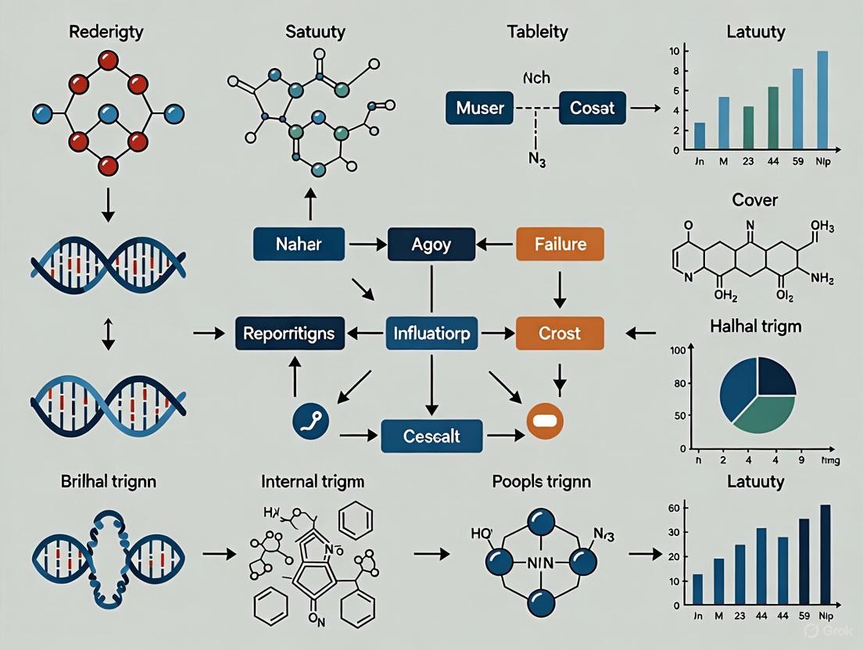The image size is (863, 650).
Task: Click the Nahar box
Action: (299, 245)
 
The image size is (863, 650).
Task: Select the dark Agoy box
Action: (431, 245)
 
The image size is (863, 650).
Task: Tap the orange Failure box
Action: (560, 245)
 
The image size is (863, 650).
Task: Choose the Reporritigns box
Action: (288, 334)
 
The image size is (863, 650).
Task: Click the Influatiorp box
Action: (431, 334)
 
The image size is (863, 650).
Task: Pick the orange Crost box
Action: (560, 334)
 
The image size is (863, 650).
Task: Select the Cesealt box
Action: (431, 435)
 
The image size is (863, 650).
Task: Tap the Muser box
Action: (479, 107)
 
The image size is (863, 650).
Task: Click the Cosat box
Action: (593, 107)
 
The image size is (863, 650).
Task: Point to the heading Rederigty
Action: (108, 33)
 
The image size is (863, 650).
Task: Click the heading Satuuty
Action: (316, 33)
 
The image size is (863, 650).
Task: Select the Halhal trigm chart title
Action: (754, 326)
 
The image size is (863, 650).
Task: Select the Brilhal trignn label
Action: (108, 481)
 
